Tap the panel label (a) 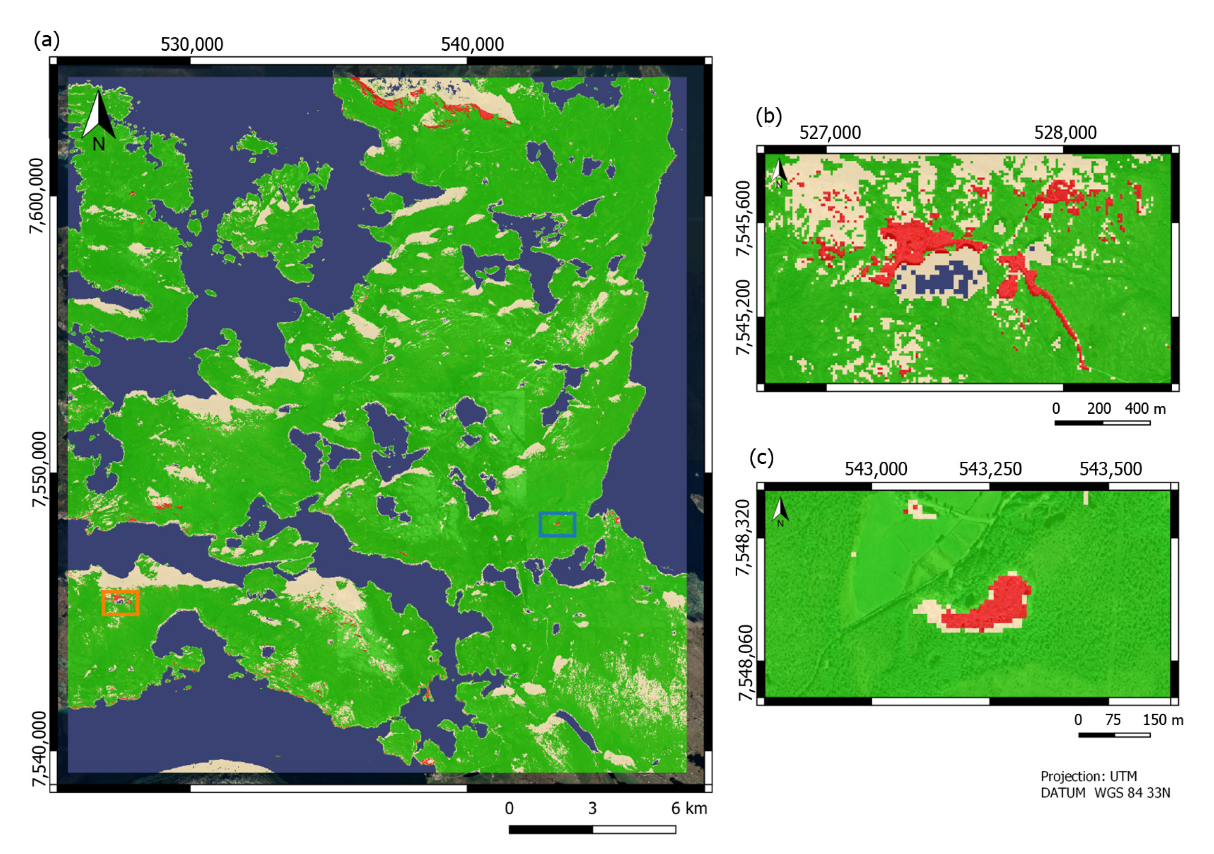47,40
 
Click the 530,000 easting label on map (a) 192,44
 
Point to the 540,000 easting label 472,44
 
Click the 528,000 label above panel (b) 1065,133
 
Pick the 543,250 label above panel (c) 990,469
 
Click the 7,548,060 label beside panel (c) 745,663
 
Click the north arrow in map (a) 98,120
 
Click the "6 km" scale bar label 689,809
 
